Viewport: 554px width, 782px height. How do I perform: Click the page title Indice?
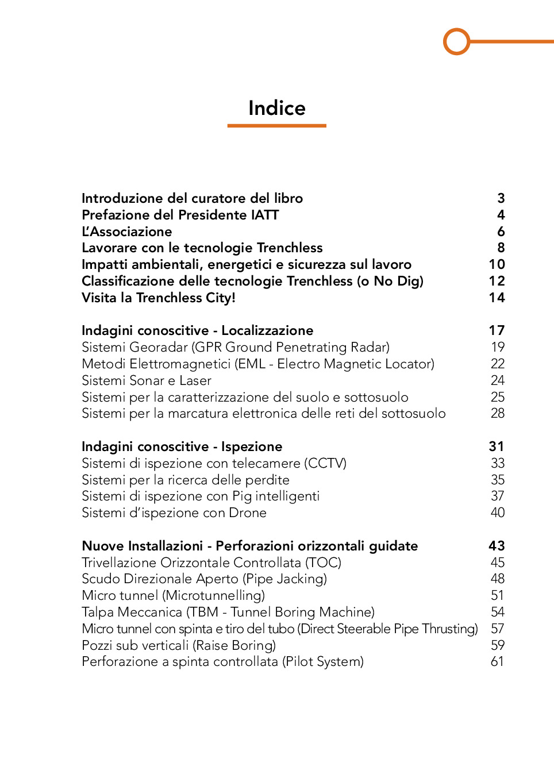tap(276, 108)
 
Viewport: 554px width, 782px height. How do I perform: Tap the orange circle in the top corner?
tap(457, 41)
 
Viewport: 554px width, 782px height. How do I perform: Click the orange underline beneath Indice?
tap(276, 125)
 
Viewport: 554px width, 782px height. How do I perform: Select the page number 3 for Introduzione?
tap(501, 198)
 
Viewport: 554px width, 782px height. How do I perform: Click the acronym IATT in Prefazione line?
tap(265, 215)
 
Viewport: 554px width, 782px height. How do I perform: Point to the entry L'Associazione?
tap(126, 232)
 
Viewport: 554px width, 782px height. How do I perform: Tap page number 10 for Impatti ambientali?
tap(497, 264)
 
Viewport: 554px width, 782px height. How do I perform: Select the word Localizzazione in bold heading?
tap(267, 330)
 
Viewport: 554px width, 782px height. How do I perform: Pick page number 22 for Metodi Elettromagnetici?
tap(497, 364)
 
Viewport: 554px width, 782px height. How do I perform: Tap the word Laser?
tap(195, 380)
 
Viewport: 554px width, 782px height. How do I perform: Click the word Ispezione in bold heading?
tap(252, 446)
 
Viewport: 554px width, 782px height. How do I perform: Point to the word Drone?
tap(248, 513)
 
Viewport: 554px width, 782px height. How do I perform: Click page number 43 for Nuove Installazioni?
tap(497, 546)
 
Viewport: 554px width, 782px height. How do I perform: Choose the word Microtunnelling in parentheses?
tap(214, 595)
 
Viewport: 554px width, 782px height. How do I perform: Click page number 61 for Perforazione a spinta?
tap(497, 661)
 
